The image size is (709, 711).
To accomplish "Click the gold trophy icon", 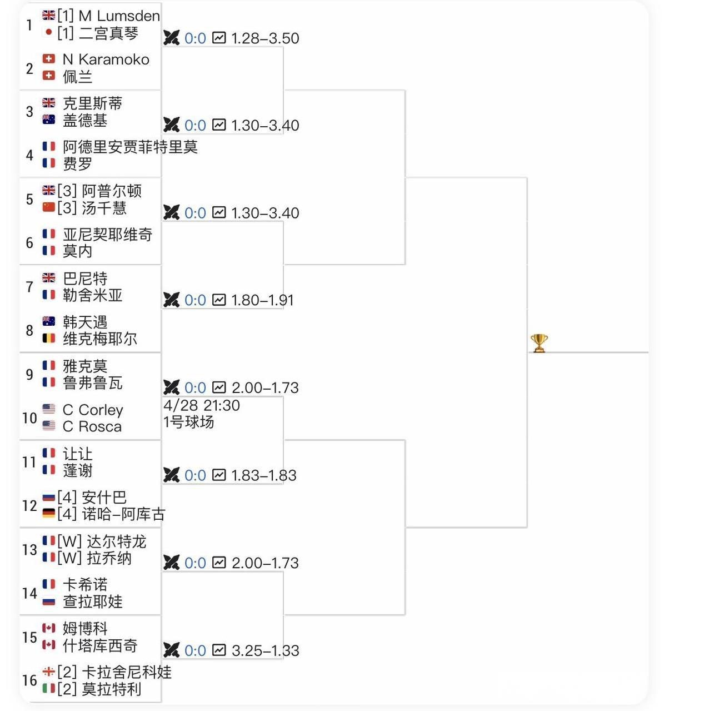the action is (x=539, y=343).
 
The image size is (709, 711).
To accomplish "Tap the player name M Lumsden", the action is (x=119, y=16).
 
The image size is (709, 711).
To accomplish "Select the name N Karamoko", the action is (x=106, y=59).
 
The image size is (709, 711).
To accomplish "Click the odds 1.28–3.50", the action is (x=265, y=38).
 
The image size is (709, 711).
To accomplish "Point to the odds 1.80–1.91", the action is (x=262, y=300).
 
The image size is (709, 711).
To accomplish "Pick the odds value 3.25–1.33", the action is (x=265, y=650).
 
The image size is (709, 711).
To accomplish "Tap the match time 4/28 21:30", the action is (x=201, y=405).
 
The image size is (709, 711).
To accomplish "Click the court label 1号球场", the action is (x=188, y=422).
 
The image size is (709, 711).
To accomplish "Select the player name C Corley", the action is (x=93, y=410).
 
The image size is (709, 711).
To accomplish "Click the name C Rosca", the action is (x=92, y=426).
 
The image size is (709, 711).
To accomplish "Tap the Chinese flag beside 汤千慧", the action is (x=49, y=207).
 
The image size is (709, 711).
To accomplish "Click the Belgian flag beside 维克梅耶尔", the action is (x=49, y=339).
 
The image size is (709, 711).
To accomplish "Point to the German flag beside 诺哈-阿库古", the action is (x=49, y=513).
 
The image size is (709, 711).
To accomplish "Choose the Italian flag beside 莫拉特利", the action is (x=49, y=688).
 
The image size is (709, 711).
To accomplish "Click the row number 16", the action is (x=29, y=680).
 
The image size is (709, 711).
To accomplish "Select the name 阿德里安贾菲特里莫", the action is (x=130, y=147).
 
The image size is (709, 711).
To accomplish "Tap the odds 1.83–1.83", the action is (x=264, y=476).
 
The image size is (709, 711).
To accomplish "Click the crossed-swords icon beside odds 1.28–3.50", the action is (x=172, y=38).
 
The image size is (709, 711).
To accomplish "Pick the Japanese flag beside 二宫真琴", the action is (x=48, y=32).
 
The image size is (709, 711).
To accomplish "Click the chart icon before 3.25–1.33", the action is (x=219, y=650).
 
